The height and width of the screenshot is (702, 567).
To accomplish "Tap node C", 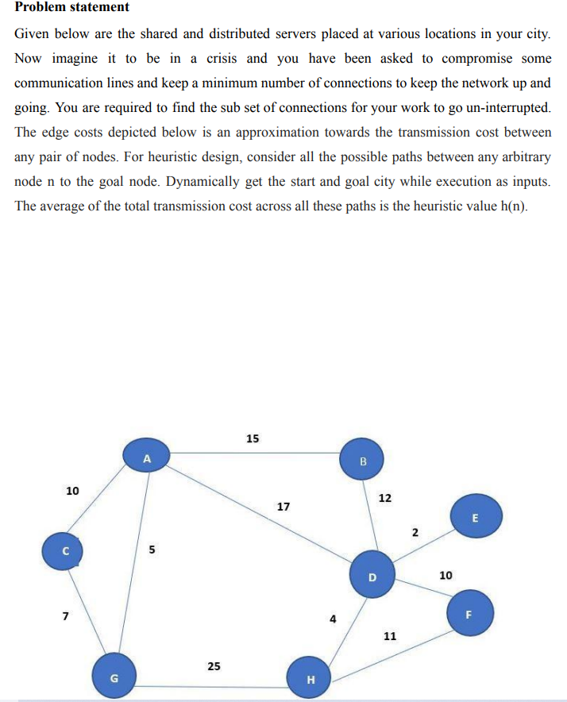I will [x=67, y=550].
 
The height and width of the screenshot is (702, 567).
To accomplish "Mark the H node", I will [x=310, y=678].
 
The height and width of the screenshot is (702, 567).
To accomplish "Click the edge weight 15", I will [x=253, y=438].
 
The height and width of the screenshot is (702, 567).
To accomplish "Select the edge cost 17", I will [x=283, y=506].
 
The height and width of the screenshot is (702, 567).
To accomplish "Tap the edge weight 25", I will [x=214, y=665].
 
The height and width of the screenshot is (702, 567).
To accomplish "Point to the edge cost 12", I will [x=384, y=498].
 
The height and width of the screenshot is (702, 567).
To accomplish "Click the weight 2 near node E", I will [x=415, y=531].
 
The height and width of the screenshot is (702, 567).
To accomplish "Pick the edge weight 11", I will [x=390, y=636].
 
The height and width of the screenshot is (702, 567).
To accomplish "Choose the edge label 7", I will [x=66, y=615].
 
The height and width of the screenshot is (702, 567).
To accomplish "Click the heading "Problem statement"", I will [x=72, y=7].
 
